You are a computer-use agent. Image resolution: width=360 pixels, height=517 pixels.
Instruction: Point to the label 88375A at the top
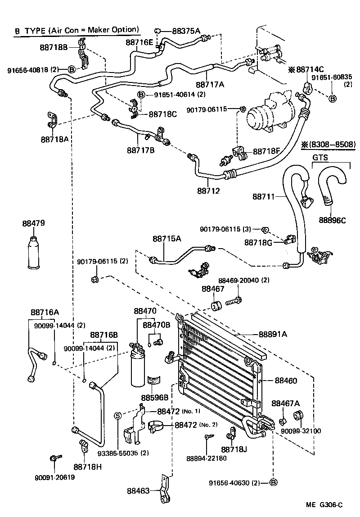[186, 31]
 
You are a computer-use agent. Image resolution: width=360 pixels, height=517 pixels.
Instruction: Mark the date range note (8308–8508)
[328, 145]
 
